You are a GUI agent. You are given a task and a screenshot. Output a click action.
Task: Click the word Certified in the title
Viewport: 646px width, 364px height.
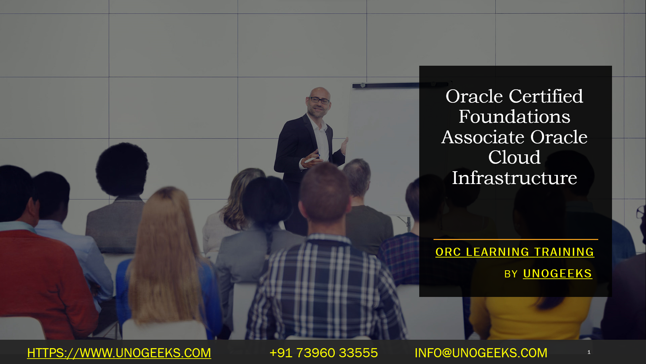pos(546,96)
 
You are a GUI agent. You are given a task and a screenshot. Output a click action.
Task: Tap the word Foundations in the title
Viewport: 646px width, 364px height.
pos(514,117)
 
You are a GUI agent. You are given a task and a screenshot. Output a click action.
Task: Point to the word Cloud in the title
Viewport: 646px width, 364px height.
pos(514,157)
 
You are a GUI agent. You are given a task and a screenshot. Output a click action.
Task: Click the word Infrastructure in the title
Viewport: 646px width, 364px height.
pos(514,178)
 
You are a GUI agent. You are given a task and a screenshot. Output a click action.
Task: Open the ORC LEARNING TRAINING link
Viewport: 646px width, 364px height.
pos(515,252)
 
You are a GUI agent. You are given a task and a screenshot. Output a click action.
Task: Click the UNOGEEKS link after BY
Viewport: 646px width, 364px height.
pos(558,274)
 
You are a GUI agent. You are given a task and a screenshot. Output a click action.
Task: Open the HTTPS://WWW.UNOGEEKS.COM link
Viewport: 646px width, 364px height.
pos(119,353)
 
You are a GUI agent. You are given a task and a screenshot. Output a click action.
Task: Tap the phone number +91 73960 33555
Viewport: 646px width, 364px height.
pos(324,353)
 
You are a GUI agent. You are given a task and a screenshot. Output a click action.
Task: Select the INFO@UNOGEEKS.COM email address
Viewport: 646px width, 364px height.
pos(481,353)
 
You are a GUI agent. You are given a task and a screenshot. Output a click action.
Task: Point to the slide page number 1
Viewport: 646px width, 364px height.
pos(589,352)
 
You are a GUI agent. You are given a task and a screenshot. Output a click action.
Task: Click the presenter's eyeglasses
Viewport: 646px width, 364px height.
pos(319,100)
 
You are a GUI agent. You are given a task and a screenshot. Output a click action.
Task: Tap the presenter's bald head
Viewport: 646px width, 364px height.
pos(319,92)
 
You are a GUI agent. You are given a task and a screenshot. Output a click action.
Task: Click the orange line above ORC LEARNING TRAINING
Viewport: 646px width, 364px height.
pos(516,239)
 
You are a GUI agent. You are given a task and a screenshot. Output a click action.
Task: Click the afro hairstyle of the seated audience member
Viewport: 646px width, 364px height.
pos(122,169)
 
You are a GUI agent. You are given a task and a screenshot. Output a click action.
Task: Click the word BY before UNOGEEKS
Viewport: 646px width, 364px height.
pos(511,274)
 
